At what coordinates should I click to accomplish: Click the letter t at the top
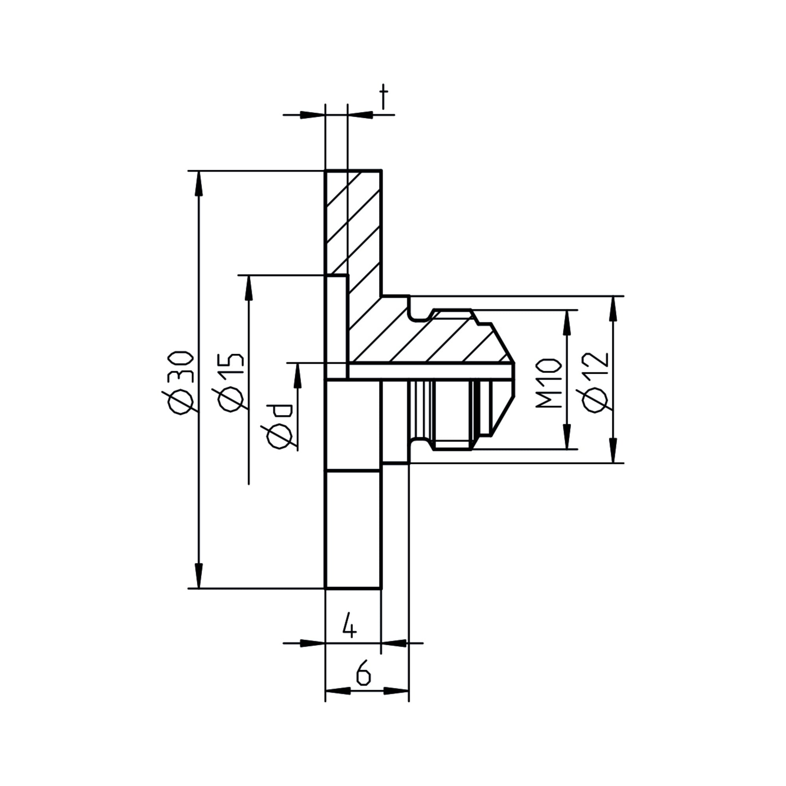tap(383, 98)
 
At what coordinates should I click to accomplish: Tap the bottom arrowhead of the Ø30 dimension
tap(198, 576)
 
